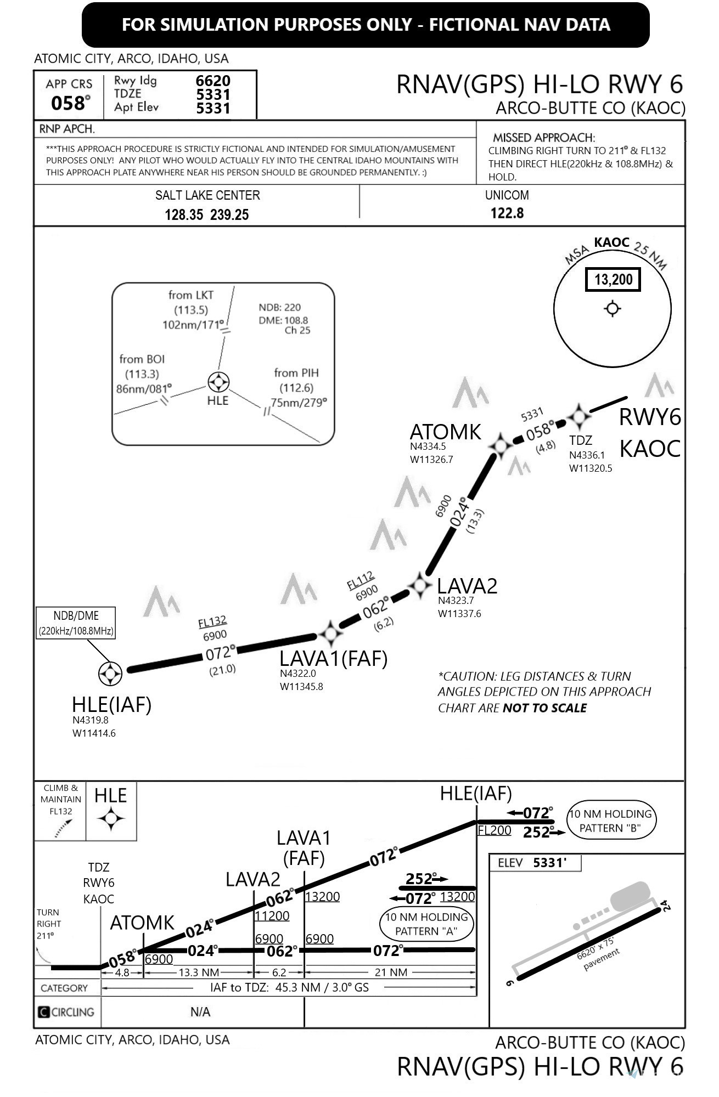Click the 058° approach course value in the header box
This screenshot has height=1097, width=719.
[70, 103]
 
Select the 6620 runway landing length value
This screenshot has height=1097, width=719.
[213, 81]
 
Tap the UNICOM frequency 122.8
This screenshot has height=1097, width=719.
[507, 213]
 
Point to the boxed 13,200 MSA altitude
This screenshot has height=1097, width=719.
[613, 280]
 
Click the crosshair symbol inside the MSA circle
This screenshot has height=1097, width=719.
[613, 309]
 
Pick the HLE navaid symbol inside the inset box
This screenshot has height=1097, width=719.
[218, 382]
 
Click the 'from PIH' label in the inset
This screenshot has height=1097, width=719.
[296, 373]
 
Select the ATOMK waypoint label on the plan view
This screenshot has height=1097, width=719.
[445, 432]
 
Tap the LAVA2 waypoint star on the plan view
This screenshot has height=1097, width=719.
[421, 585]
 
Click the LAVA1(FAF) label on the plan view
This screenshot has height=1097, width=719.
[333, 658]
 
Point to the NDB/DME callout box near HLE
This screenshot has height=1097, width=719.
[76, 623]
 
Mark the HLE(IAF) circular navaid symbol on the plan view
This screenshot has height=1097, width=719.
[110, 674]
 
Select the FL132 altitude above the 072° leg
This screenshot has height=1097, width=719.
[212, 622]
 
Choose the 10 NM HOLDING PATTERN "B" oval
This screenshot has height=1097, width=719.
[610, 821]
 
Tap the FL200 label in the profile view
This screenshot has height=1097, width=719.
[494, 830]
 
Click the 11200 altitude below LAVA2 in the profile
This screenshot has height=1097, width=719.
[272, 915]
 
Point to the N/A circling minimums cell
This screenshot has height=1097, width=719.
[200, 1011]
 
